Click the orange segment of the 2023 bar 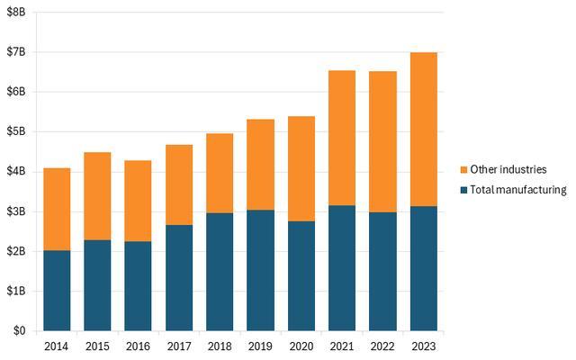click(x=424, y=130)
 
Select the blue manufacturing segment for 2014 click(x=57, y=291)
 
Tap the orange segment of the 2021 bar click(x=342, y=138)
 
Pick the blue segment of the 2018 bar click(x=220, y=272)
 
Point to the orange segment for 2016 click(x=138, y=201)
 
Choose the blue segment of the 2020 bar click(x=301, y=276)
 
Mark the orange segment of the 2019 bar click(x=260, y=165)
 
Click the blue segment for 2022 click(x=382, y=272)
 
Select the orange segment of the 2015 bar click(x=97, y=196)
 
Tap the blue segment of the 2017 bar click(x=179, y=278)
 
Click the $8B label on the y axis click(x=16, y=12)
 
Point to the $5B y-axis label click(x=16, y=131)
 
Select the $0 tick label click(x=20, y=330)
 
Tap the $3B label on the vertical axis click(x=16, y=211)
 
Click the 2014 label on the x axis click(x=56, y=346)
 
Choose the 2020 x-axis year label click(x=301, y=346)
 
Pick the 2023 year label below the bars click(x=424, y=346)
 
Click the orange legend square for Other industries click(x=463, y=170)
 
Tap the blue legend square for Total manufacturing click(x=463, y=190)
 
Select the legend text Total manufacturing click(x=518, y=190)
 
